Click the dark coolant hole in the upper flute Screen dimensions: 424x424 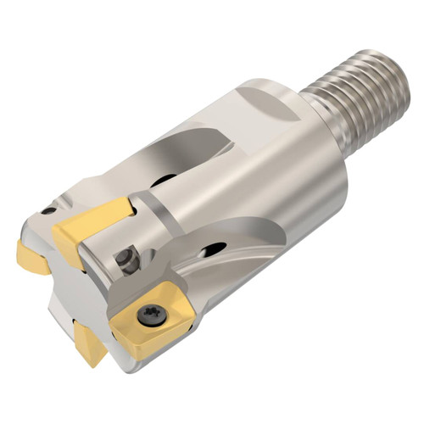point(161,181)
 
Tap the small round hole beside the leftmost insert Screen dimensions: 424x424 point(49,210)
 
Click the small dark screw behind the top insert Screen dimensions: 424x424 point(129,259)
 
